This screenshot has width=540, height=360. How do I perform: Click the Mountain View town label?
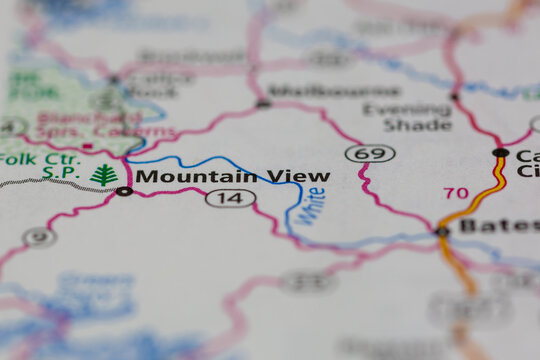(232, 176)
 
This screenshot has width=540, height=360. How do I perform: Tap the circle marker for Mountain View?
(123, 190)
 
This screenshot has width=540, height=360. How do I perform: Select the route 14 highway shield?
(230, 198)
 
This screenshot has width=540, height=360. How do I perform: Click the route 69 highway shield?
(370, 153)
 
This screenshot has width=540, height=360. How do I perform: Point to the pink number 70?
(455, 192)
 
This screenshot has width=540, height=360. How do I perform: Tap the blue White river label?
(314, 205)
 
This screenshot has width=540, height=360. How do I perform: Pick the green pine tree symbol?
(104, 175)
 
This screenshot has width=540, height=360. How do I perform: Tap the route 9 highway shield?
(39, 237)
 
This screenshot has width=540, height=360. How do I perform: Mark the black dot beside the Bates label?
(442, 231)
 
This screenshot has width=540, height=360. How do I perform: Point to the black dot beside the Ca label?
(500, 153)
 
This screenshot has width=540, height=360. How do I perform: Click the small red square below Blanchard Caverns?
(87, 148)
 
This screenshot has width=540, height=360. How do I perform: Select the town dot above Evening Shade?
(455, 97)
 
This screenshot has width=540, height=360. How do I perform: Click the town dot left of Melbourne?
(263, 102)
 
